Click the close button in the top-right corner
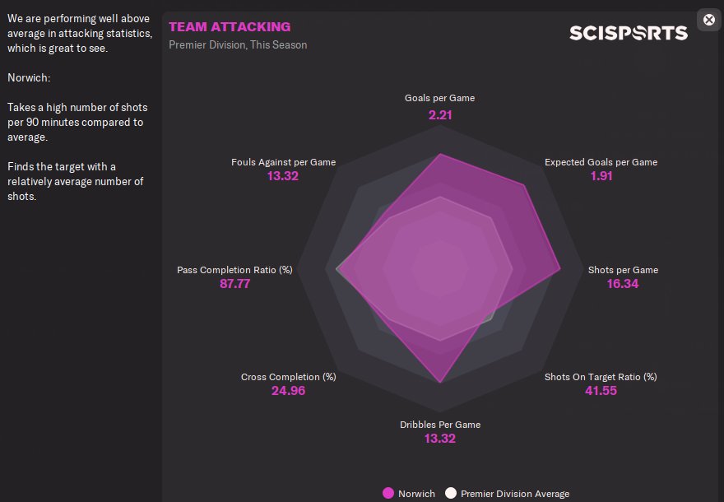(x=709, y=20)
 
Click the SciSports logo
(x=629, y=33)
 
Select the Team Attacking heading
(x=230, y=27)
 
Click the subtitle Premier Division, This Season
(x=238, y=44)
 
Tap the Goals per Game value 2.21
(x=440, y=114)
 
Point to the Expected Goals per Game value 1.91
(x=601, y=176)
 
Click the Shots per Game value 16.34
(x=623, y=284)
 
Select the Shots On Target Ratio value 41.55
(x=601, y=391)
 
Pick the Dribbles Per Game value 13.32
(x=440, y=439)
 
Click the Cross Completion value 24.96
(x=288, y=391)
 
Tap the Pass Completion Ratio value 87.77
(x=234, y=284)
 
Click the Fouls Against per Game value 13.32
(x=283, y=176)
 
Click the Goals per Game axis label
(x=440, y=98)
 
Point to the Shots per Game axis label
(x=623, y=270)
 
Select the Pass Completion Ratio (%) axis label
(x=234, y=270)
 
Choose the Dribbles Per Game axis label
(x=440, y=425)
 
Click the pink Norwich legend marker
(x=388, y=493)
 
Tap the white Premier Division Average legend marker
(x=450, y=493)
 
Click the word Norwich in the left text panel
(x=28, y=78)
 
